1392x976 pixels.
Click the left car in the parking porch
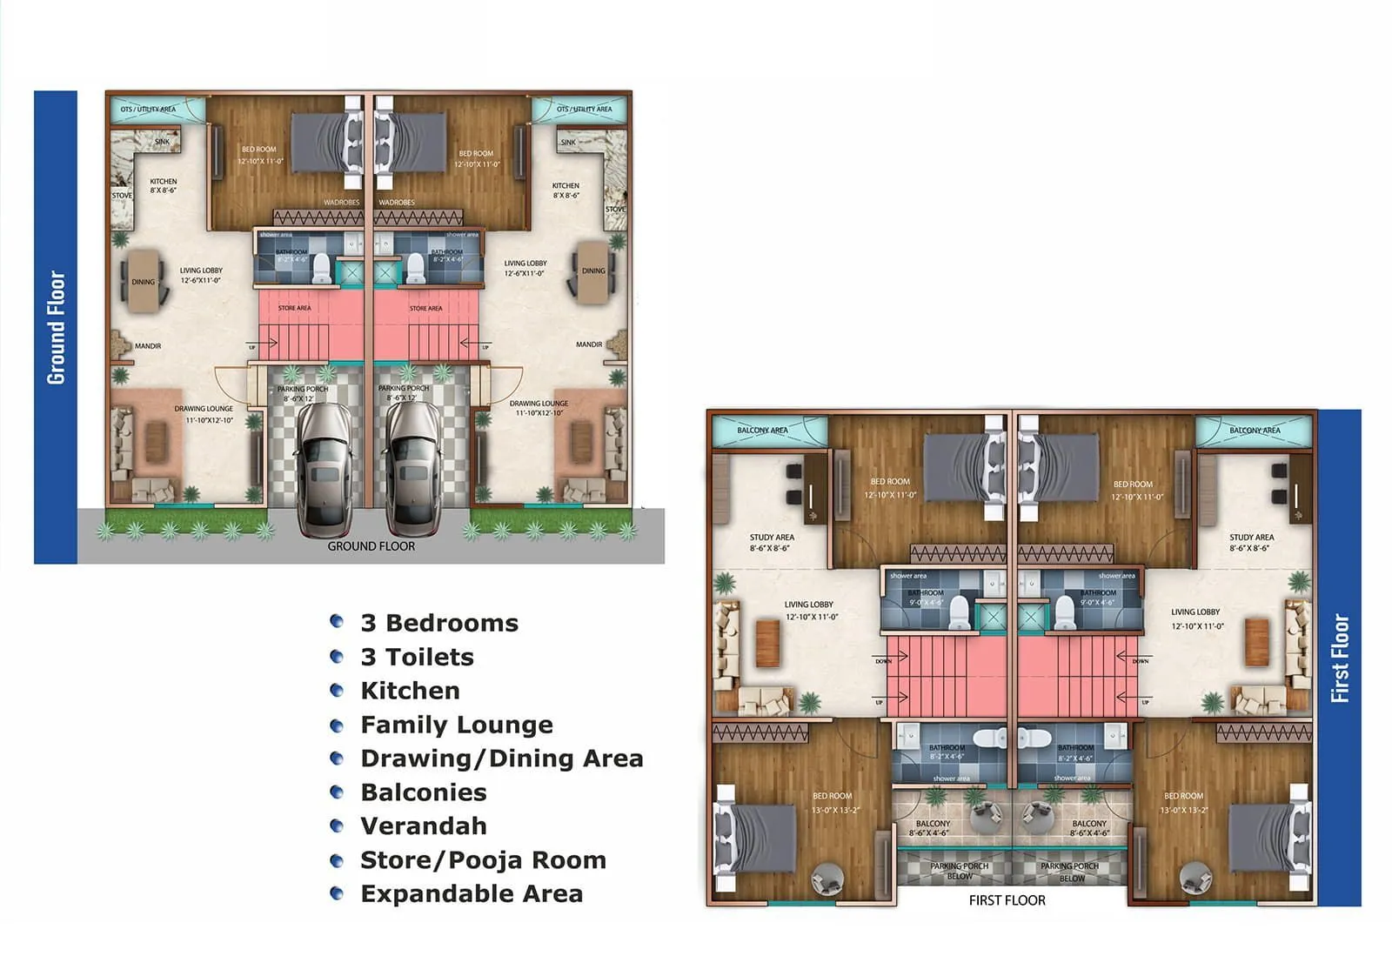[x=325, y=470]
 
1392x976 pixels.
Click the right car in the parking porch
[x=412, y=470]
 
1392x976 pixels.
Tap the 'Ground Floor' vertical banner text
[x=56, y=327]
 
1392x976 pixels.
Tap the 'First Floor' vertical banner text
[x=1340, y=658]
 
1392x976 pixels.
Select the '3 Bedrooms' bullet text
[x=439, y=623]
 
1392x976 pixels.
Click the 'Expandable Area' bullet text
[x=472, y=893]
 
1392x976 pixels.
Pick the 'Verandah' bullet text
[x=424, y=826]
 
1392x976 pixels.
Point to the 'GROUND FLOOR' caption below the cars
[x=371, y=546]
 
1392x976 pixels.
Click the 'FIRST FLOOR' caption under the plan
[x=1007, y=900]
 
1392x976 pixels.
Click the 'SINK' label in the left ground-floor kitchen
[x=163, y=142]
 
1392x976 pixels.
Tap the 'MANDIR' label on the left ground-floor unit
[x=148, y=346]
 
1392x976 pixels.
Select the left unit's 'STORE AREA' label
[x=294, y=308]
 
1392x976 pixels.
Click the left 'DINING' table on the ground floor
[x=144, y=281]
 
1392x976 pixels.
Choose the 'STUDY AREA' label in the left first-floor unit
[x=772, y=538]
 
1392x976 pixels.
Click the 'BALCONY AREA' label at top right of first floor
[x=1255, y=431]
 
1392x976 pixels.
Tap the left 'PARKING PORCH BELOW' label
[x=959, y=871]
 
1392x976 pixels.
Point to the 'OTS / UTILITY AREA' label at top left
[x=148, y=110]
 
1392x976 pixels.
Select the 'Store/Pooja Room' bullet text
[x=483, y=859]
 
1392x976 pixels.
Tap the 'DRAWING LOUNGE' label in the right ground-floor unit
[x=539, y=404]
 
